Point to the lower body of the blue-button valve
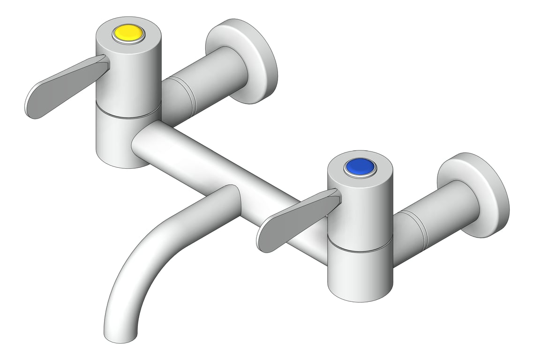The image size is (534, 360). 359,272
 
